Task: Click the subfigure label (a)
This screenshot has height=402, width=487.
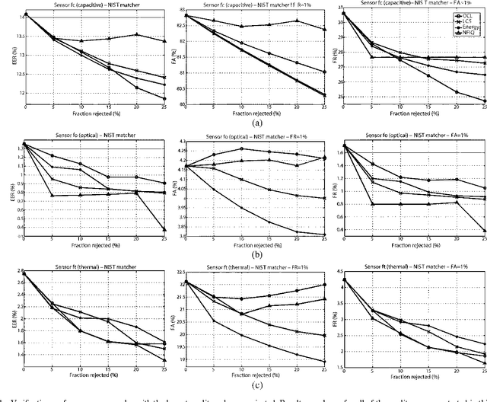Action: (257, 122)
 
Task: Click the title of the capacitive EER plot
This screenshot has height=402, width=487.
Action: (83, 5)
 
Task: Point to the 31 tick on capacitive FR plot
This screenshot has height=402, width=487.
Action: (338, 14)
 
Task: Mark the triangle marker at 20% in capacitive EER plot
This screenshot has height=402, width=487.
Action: (136, 35)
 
